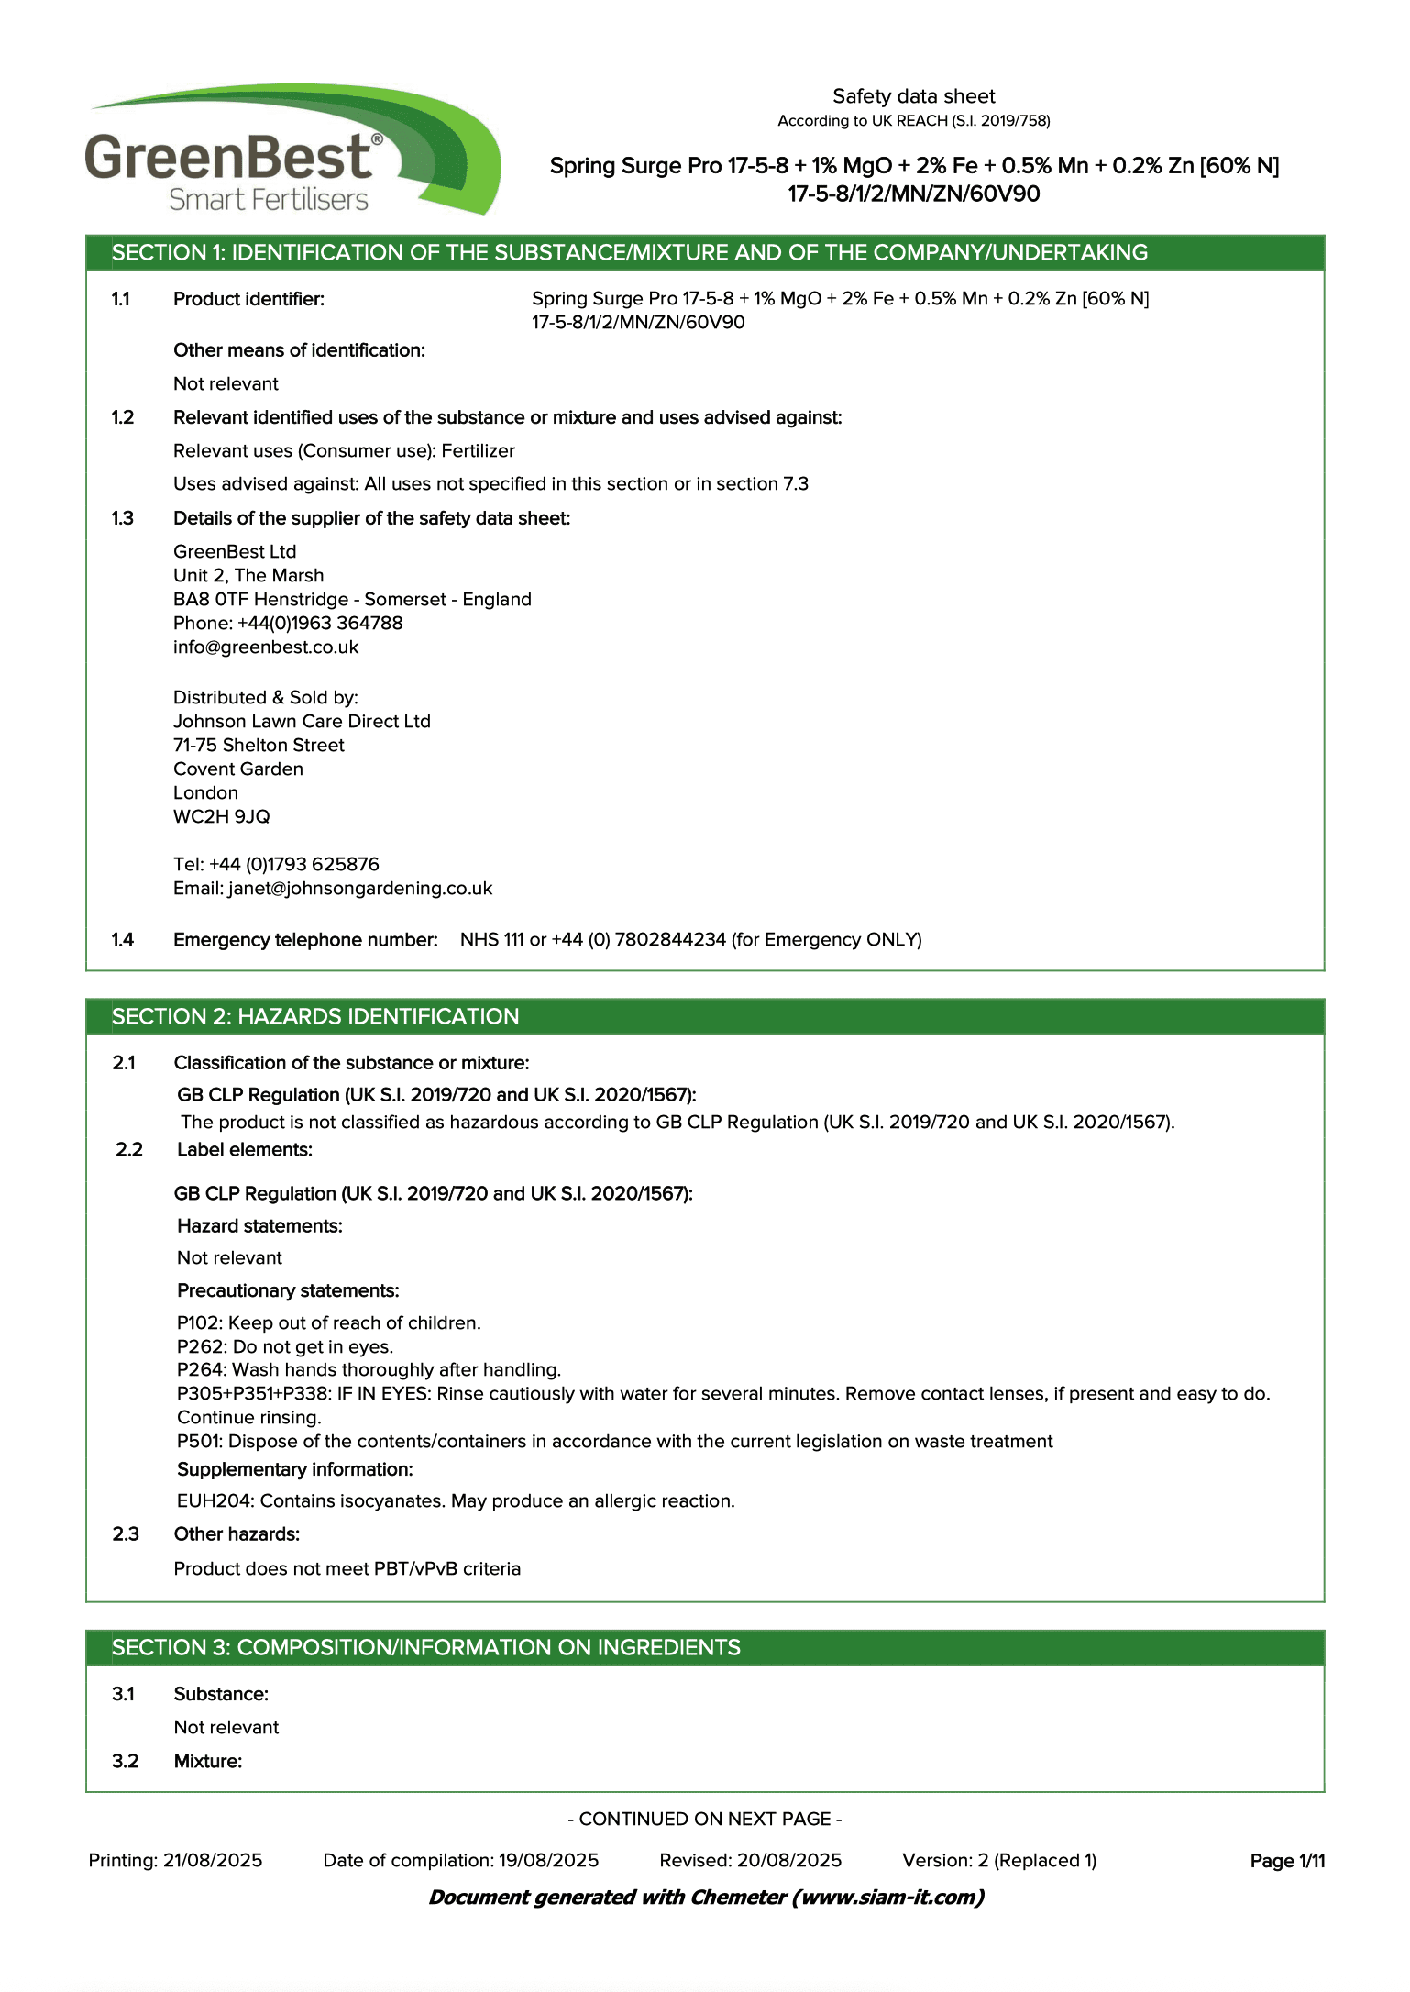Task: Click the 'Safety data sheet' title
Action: tap(913, 96)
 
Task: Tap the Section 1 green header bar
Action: tap(704, 253)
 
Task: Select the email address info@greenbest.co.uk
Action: tap(266, 647)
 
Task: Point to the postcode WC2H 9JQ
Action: tap(222, 817)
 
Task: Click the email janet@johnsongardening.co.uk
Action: tap(360, 889)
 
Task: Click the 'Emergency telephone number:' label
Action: tap(305, 940)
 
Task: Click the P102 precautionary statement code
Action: tap(199, 1323)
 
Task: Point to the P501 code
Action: tap(199, 1442)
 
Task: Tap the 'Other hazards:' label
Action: tap(237, 1534)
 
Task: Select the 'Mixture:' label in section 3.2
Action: tap(208, 1762)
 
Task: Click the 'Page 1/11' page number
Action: tap(1287, 1861)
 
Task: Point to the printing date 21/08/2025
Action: tap(213, 1861)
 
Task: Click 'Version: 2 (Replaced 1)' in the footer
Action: tap(999, 1861)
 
